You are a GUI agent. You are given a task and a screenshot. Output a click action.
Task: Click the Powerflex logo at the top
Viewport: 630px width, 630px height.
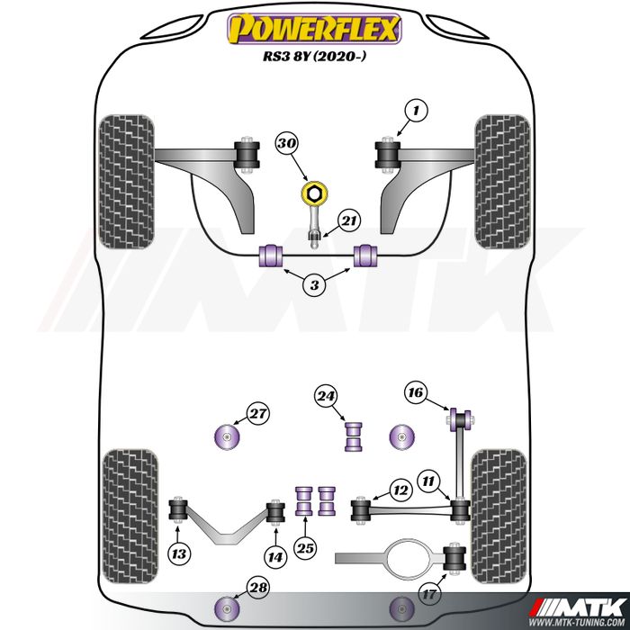coord(315,29)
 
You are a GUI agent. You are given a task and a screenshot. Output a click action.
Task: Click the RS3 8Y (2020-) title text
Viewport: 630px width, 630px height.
coord(315,56)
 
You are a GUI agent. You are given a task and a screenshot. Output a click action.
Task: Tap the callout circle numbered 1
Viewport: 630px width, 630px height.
coord(416,110)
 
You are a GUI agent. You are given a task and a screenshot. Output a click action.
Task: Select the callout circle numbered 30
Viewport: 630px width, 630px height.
coord(287,143)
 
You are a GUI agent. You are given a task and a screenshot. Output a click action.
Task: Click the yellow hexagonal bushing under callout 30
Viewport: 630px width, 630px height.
coord(314,193)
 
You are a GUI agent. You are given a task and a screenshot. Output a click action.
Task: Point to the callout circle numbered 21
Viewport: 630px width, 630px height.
coord(349,221)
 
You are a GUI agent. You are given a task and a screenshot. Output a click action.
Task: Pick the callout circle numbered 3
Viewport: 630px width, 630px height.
coord(314,285)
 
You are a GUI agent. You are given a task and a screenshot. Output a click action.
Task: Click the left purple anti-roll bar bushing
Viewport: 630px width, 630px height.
coord(270,256)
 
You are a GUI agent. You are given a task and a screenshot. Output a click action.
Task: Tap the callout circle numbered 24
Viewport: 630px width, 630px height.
coord(326,397)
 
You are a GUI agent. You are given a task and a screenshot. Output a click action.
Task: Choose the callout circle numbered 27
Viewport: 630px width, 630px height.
coord(257,414)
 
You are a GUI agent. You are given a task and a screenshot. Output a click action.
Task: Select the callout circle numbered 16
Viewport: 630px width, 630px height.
coord(416,392)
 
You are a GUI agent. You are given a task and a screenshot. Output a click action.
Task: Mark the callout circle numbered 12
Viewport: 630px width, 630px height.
coord(400,490)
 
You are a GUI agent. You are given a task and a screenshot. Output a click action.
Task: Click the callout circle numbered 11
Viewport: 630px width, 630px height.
coord(428,481)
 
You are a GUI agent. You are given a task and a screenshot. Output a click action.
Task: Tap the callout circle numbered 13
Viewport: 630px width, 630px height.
coord(179,554)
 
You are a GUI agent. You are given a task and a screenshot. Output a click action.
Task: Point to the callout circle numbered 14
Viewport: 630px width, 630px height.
coord(275,557)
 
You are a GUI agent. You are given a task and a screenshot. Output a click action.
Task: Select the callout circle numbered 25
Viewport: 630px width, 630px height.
coord(305,548)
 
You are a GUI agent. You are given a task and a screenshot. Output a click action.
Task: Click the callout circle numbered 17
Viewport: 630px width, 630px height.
coord(429,594)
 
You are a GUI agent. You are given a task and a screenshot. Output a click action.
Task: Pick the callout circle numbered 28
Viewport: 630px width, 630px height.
coord(258,588)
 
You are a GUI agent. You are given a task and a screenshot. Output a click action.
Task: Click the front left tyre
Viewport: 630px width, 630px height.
coord(127,182)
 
